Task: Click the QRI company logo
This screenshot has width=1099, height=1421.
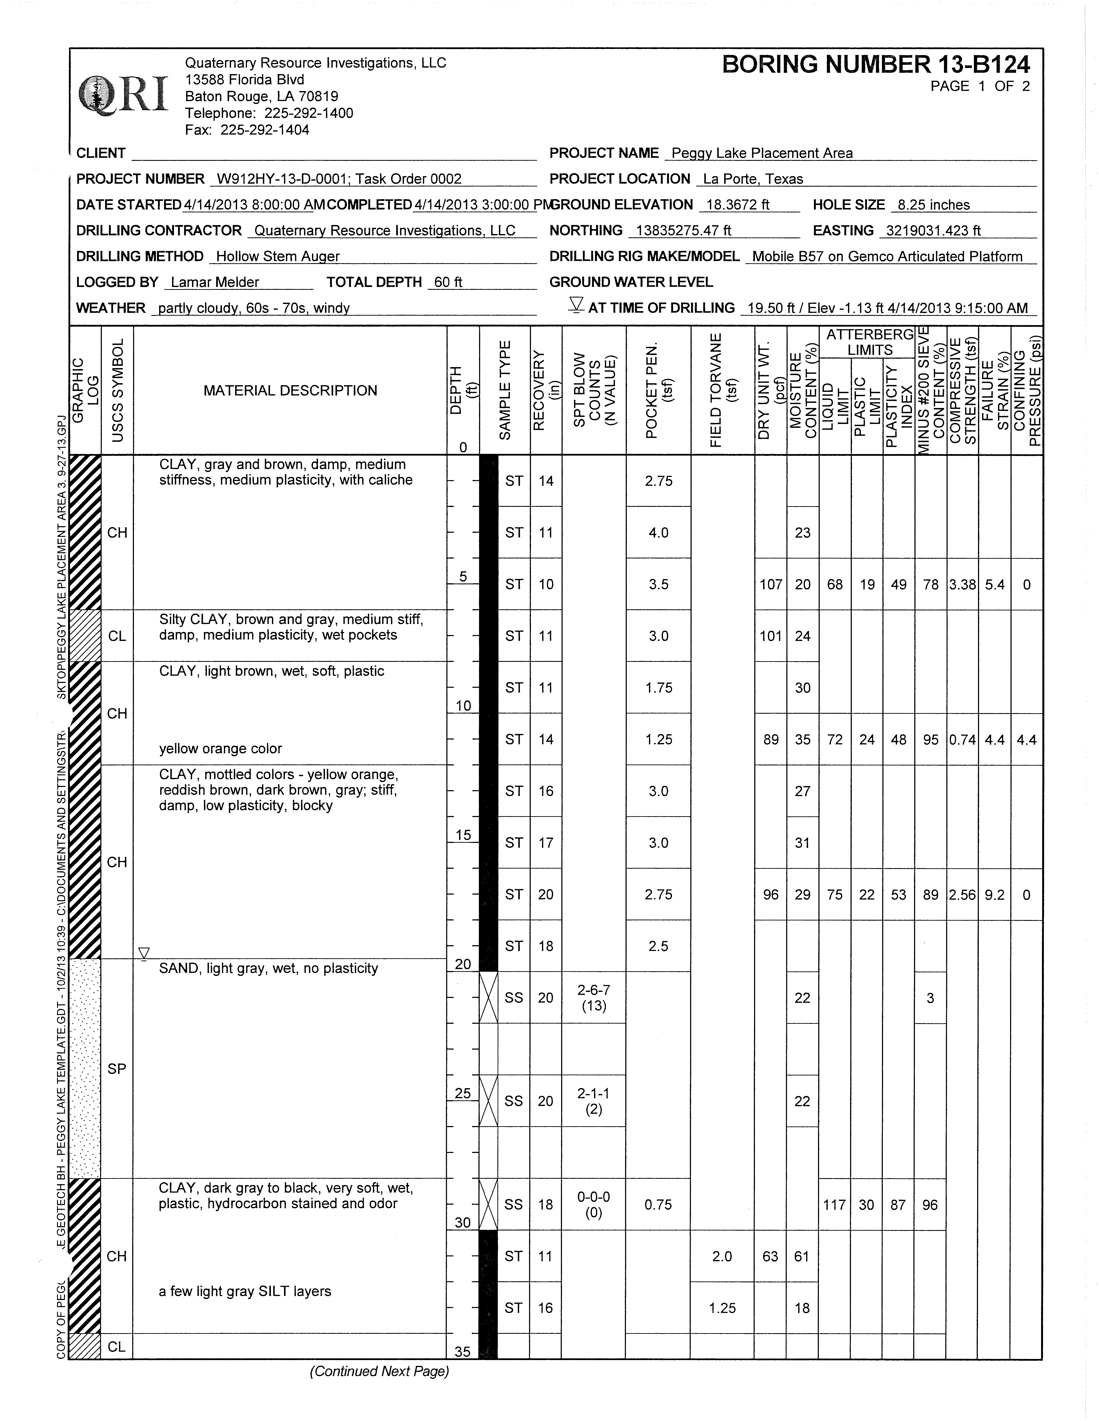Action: (x=122, y=96)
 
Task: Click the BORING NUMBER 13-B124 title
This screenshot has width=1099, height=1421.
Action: (x=876, y=64)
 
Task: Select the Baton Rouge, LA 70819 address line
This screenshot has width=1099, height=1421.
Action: (x=262, y=96)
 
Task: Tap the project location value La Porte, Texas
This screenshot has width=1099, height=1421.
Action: (x=753, y=179)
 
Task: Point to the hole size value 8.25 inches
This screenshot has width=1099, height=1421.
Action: (x=933, y=205)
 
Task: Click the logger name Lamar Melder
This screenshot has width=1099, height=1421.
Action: (x=215, y=282)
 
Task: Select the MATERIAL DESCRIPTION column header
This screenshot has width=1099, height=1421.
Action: (x=290, y=390)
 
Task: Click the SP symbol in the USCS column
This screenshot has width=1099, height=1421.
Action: (x=117, y=1069)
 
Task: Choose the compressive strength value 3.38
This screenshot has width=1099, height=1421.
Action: (x=962, y=584)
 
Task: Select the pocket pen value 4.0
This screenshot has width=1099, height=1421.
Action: (x=658, y=533)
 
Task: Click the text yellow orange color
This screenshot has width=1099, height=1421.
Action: (x=220, y=749)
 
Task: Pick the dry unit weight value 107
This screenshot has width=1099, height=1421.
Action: (x=770, y=584)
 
